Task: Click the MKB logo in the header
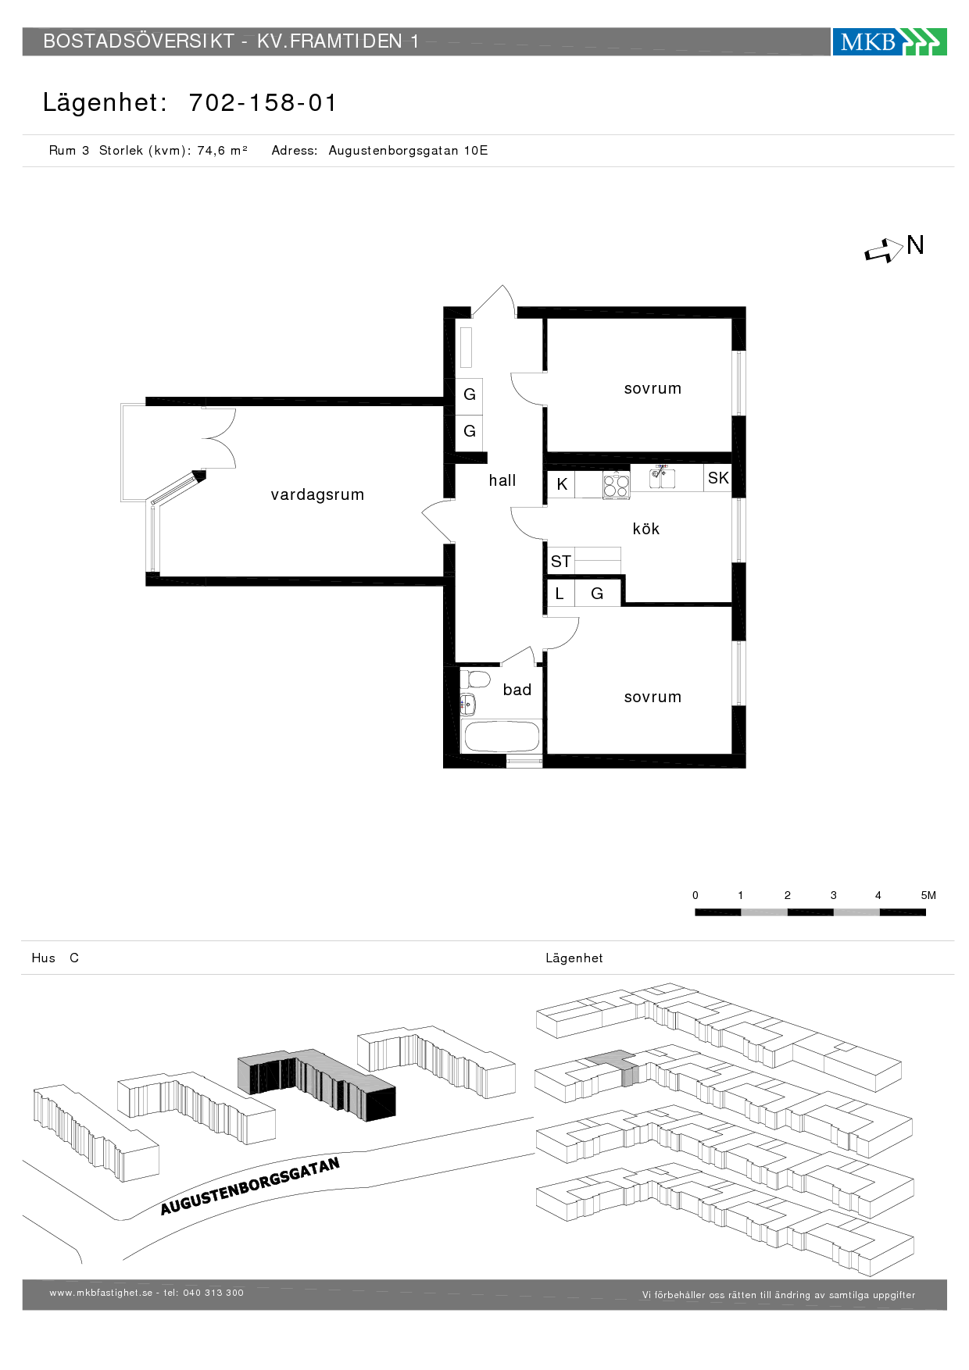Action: coord(889,41)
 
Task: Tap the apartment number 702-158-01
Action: coord(263,102)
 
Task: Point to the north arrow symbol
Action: coord(884,251)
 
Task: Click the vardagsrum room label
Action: coord(317,494)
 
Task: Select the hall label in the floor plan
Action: coord(502,480)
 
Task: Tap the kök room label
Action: coord(646,529)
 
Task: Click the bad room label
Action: coord(517,690)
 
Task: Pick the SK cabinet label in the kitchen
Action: coord(718,478)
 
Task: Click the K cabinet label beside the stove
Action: coord(562,484)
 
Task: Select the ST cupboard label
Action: coord(560,561)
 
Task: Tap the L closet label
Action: coord(560,594)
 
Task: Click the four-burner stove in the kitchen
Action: coord(616,486)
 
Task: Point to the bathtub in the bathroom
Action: coord(501,737)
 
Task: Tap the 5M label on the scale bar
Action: coord(928,895)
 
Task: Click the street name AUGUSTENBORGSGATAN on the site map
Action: coord(250,1186)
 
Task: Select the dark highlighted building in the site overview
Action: coord(316,1084)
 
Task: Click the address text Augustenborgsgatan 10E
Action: coord(408,151)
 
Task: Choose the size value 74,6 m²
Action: coord(222,151)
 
